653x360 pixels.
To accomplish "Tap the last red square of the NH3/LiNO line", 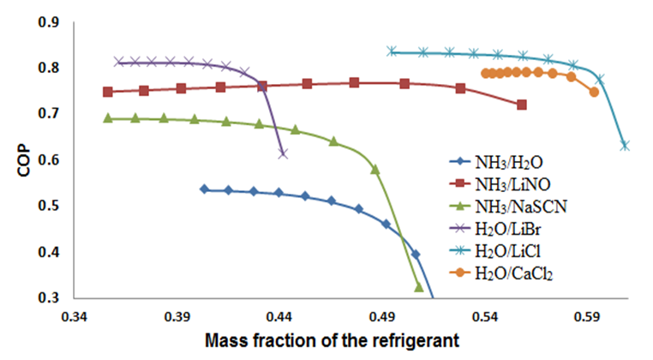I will (x=522, y=105).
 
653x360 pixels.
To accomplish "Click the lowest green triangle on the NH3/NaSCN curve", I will (x=419, y=287).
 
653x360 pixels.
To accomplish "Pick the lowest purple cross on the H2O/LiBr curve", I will (x=283, y=153).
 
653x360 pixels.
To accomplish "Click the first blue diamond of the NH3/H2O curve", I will (x=204, y=189).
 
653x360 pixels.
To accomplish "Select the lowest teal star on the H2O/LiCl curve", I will (x=625, y=146).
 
